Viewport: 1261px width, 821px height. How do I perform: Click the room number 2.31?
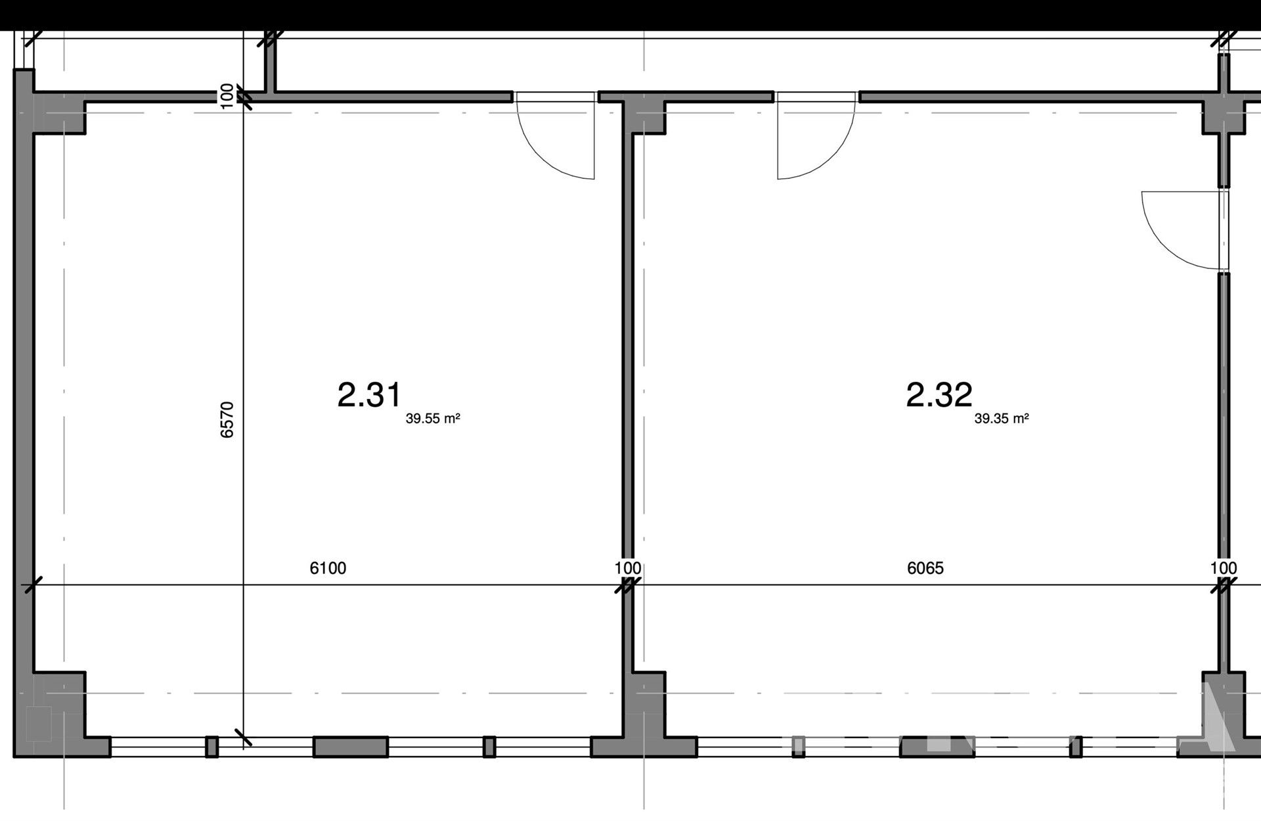[x=369, y=395]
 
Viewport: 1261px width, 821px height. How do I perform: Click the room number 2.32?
[x=939, y=395]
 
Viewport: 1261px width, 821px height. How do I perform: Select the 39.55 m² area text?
[x=433, y=419]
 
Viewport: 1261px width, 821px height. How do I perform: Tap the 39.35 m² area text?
[x=1002, y=419]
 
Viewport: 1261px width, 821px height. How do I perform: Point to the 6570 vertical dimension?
[x=227, y=419]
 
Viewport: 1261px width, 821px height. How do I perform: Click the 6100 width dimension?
[x=328, y=568]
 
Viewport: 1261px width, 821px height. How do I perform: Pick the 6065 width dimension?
[x=925, y=568]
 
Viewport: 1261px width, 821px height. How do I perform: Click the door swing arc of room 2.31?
[x=545, y=158]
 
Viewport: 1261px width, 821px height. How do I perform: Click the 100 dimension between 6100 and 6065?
[x=628, y=568]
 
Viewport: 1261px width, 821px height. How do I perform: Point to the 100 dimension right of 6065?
[x=1224, y=568]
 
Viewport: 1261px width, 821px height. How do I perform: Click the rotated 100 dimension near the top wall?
[x=227, y=96]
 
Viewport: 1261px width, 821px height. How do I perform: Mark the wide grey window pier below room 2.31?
[x=351, y=747]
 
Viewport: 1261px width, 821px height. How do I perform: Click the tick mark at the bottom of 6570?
[x=243, y=738]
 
